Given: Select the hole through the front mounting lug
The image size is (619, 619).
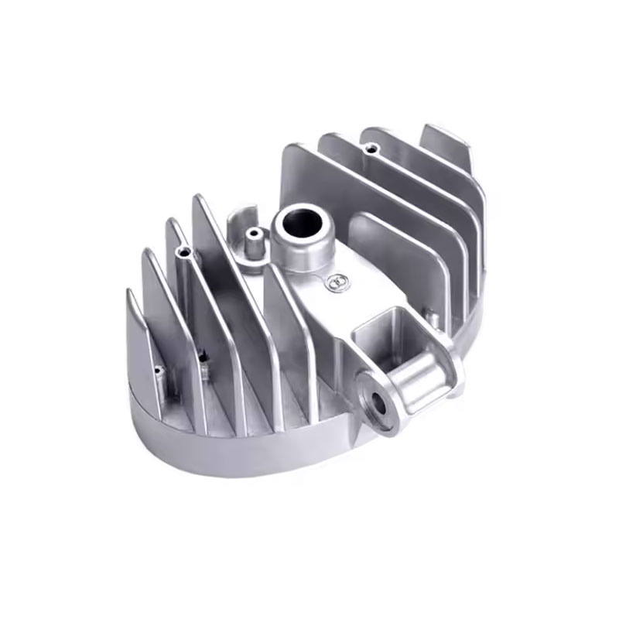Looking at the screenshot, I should [x=378, y=402].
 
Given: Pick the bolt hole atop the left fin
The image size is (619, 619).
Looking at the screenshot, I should [x=183, y=252].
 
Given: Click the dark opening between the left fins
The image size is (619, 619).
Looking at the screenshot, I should [x=203, y=357].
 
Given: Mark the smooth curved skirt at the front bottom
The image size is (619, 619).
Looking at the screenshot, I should [x=232, y=457].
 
